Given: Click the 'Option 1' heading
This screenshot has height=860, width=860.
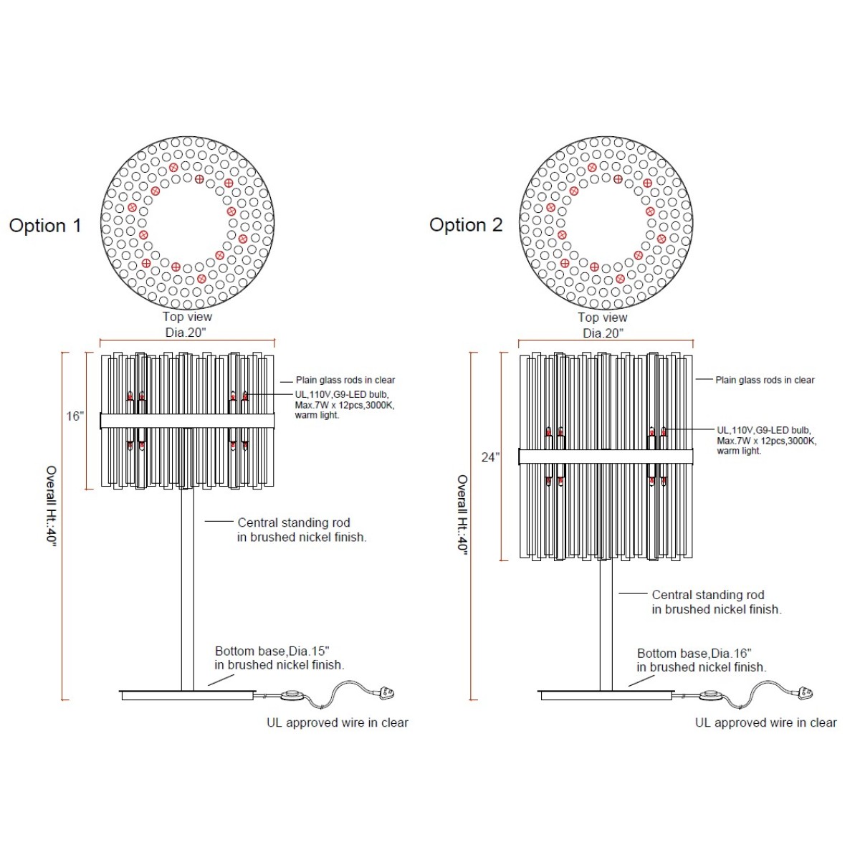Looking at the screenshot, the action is tap(46, 226).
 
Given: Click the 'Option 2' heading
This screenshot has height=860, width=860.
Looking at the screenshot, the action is tap(466, 225).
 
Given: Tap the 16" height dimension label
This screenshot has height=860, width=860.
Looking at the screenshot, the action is tap(75, 416).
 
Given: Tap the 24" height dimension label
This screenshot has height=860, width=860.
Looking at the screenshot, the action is tap(490, 457).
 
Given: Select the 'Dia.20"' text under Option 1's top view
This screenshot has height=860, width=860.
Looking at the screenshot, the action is tap(186, 333).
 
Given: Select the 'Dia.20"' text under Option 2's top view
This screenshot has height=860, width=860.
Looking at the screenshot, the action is tap(603, 333).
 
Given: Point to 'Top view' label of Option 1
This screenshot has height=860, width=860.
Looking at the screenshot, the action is tap(187, 317).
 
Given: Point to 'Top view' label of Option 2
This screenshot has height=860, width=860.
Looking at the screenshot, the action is tap(603, 317).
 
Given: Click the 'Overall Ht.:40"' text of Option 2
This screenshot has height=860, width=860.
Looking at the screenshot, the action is tap(462, 515).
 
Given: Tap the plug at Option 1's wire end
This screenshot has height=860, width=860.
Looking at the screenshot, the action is tap(386, 693).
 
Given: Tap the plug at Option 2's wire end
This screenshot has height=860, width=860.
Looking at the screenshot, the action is tap(805, 693).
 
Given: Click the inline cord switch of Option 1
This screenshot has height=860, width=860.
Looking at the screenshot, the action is tap(292, 694).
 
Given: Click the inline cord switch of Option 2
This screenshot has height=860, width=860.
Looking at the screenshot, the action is tap(710, 694).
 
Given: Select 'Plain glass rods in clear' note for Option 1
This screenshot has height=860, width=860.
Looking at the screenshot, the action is tap(345, 381).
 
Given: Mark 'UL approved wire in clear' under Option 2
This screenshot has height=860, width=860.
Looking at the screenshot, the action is tap(766, 722).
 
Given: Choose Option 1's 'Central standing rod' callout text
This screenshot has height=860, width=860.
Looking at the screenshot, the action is tap(294, 522).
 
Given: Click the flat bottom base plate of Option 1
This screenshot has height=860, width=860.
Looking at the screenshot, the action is tap(188, 695).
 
